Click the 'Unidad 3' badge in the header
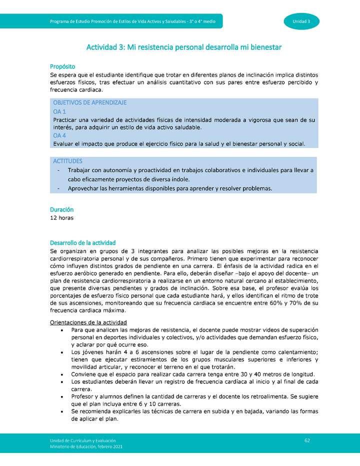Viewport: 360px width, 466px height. tap(301, 21)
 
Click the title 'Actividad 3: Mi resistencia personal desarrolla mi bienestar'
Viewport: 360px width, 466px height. tap(184, 47)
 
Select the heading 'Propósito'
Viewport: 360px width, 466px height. tap(62, 66)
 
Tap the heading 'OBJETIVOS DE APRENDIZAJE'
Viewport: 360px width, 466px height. tap(89, 102)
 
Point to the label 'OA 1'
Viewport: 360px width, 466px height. tap(59, 111)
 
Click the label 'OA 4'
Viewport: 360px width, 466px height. tap(59, 135)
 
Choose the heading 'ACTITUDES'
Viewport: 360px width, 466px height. tap(67, 161)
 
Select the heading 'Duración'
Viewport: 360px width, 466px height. tap(62, 209)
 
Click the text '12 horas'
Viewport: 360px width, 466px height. tap(62, 217)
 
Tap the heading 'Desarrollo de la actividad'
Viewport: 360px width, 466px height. tap(83, 242)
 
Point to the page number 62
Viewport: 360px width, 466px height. tap(307, 439)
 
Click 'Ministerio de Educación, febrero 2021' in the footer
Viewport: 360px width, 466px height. tap(85, 446)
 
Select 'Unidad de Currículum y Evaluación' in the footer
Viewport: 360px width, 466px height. tap(82, 439)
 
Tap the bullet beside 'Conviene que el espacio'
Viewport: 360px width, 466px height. tap(61, 374)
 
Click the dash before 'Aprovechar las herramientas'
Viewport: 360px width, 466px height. tap(58, 188)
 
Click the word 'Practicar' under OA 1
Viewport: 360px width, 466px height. tap(66, 120)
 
